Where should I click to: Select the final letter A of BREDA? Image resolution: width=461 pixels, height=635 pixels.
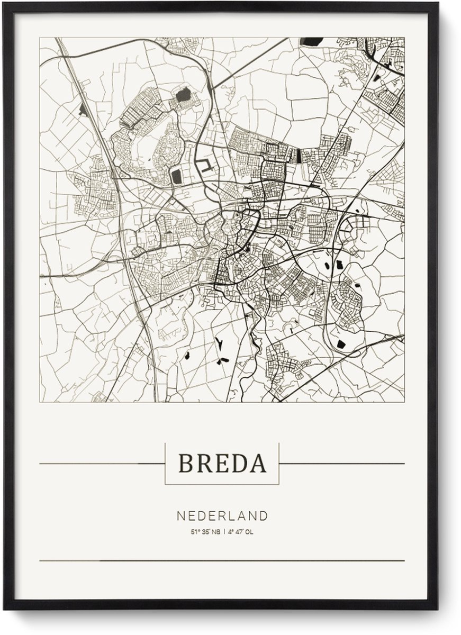click(x=258, y=464)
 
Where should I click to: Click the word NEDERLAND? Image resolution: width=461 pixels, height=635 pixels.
click(x=222, y=516)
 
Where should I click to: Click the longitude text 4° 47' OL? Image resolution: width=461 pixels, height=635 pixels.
click(x=241, y=532)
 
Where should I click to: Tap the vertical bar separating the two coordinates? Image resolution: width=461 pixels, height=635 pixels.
click(x=223, y=532)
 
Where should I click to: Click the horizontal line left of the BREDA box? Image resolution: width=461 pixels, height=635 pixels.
click(x=101, y=464)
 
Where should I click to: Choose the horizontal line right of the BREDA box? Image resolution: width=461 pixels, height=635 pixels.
click(x=341, y=464)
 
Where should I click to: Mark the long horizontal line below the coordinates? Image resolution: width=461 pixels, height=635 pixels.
click(x=222, y=560)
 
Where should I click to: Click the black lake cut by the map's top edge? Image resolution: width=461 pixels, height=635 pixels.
click(x=311, y=41)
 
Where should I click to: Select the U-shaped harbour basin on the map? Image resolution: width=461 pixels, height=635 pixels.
click(x=206, y=165)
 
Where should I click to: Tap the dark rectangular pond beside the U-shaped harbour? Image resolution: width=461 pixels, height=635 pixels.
click(x=176, y=177)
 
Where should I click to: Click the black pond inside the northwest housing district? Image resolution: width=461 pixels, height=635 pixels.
click(x=183, y=95)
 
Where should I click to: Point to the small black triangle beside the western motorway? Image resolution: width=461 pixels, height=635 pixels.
click(x=83, y=110)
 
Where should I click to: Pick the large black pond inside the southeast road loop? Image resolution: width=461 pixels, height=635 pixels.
click(x=341, y=344)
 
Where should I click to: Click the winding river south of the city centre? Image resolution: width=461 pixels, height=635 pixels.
click(x=257, y=339)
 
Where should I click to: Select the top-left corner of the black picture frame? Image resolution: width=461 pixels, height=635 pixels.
click(x=6, y=4)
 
